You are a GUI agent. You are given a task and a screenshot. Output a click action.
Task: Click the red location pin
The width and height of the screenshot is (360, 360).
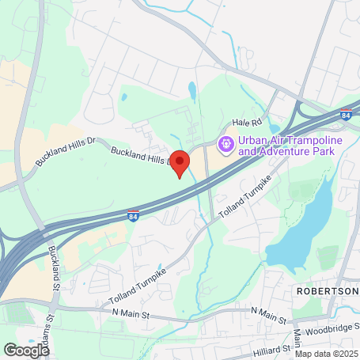pyautogui.click(x=180, y=162)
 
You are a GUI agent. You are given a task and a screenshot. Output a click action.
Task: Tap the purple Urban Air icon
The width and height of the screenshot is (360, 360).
pyautogui.click(x=225, y=144)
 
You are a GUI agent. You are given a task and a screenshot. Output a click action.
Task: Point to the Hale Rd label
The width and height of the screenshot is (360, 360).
pyautogui.click(x=246, y=123)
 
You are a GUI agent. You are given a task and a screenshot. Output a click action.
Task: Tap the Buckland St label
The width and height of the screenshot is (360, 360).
pyautogui.click(x=55, y=264)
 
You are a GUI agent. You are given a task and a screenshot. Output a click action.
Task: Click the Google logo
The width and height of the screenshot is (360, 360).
pyautogui.click(x=26, y=349)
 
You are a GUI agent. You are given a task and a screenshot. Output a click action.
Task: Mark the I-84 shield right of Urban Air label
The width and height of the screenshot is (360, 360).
pyautogui.click(x=346, y=116)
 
